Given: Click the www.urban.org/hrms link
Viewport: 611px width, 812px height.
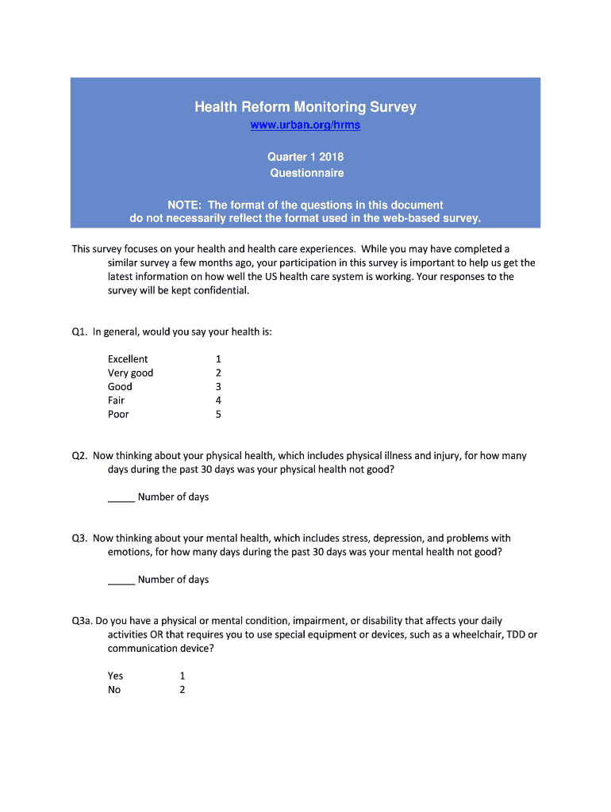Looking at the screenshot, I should (305, 126).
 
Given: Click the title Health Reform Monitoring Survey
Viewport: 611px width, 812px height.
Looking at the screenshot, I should (305, 107).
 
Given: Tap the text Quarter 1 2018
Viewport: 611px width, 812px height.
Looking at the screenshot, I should (305, 157).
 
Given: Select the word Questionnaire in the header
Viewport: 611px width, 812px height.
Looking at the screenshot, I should (305, 173).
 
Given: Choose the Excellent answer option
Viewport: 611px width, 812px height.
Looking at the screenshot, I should (128, 359).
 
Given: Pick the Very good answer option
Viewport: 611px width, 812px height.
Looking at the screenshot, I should (131, 373).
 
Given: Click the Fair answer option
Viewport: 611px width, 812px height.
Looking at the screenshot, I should (116, 400).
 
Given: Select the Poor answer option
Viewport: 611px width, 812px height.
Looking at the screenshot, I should (118, 414).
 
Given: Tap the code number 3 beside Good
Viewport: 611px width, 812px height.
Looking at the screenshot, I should (218, 387).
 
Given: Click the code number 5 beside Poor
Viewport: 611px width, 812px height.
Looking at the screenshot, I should (218, 414).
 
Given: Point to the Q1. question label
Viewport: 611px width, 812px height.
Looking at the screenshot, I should (79, 331).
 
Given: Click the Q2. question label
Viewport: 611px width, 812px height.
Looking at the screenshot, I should (79, 456).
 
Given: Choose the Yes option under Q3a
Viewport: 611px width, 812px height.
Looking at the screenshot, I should (116, 676).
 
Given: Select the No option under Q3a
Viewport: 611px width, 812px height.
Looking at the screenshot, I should (115, 690).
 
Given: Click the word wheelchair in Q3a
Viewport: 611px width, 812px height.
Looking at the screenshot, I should (474, 634).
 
